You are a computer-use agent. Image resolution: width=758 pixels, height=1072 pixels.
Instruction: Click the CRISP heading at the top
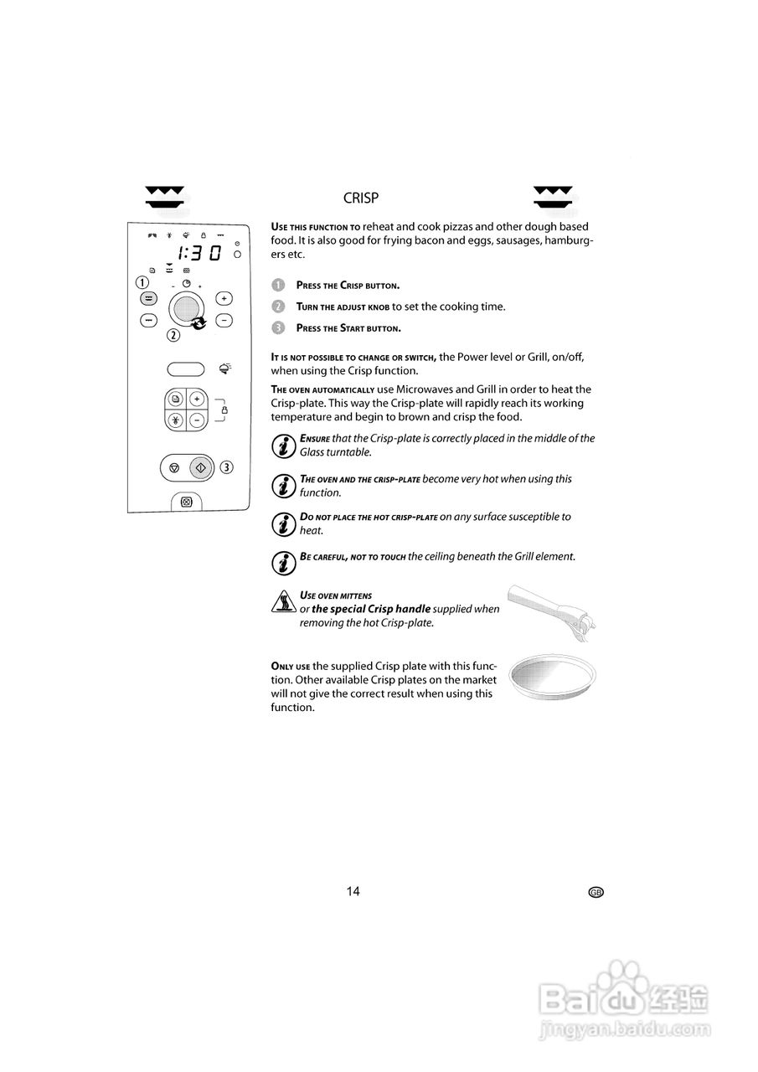point(361,198)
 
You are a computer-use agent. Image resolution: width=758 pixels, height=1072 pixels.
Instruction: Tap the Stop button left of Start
point(173,467)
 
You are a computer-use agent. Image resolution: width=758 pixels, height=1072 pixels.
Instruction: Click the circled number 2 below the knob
point(173,336)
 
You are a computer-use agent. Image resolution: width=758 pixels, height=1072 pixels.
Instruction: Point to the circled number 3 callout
point(227,466)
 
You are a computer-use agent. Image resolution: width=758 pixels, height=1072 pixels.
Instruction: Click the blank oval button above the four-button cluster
point(186,369)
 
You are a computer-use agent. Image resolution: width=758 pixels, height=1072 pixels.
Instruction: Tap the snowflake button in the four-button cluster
point(176,420)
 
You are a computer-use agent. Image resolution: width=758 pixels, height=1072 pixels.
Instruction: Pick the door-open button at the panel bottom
point(186,502)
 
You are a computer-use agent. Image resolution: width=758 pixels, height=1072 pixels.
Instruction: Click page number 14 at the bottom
point(353,891)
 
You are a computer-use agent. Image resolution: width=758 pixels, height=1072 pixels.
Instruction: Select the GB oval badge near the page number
point(596,893)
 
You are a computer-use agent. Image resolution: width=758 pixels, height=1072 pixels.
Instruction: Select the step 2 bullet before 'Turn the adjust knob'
point(278,307)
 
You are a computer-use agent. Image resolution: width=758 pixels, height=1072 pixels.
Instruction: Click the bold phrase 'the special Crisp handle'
point(370,609)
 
